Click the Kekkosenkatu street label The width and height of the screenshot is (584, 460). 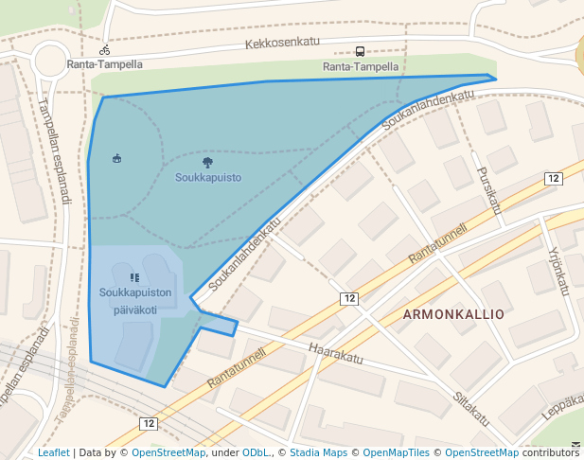point(282,43)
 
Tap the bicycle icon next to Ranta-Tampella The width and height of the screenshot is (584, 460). point(105,50)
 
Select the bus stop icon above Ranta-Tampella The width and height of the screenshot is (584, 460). point(360,52)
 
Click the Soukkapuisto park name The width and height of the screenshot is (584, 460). point(208,177)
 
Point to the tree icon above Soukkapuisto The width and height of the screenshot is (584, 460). point(208,163)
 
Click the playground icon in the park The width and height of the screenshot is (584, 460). point(116,157)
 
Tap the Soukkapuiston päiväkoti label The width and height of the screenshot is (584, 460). point(135,301)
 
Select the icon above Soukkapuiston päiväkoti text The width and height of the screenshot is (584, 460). point(134,277)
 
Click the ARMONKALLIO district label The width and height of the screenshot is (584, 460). point(453,313)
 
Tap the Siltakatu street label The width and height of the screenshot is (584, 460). point(469,408)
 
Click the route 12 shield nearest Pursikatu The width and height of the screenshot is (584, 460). point(554,178)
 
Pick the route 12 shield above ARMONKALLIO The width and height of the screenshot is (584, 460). point(350,299)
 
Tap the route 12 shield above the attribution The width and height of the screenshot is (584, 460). point(148,423)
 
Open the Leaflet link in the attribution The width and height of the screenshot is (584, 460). point(54,452)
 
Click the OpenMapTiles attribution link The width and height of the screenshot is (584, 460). point(401,452)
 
